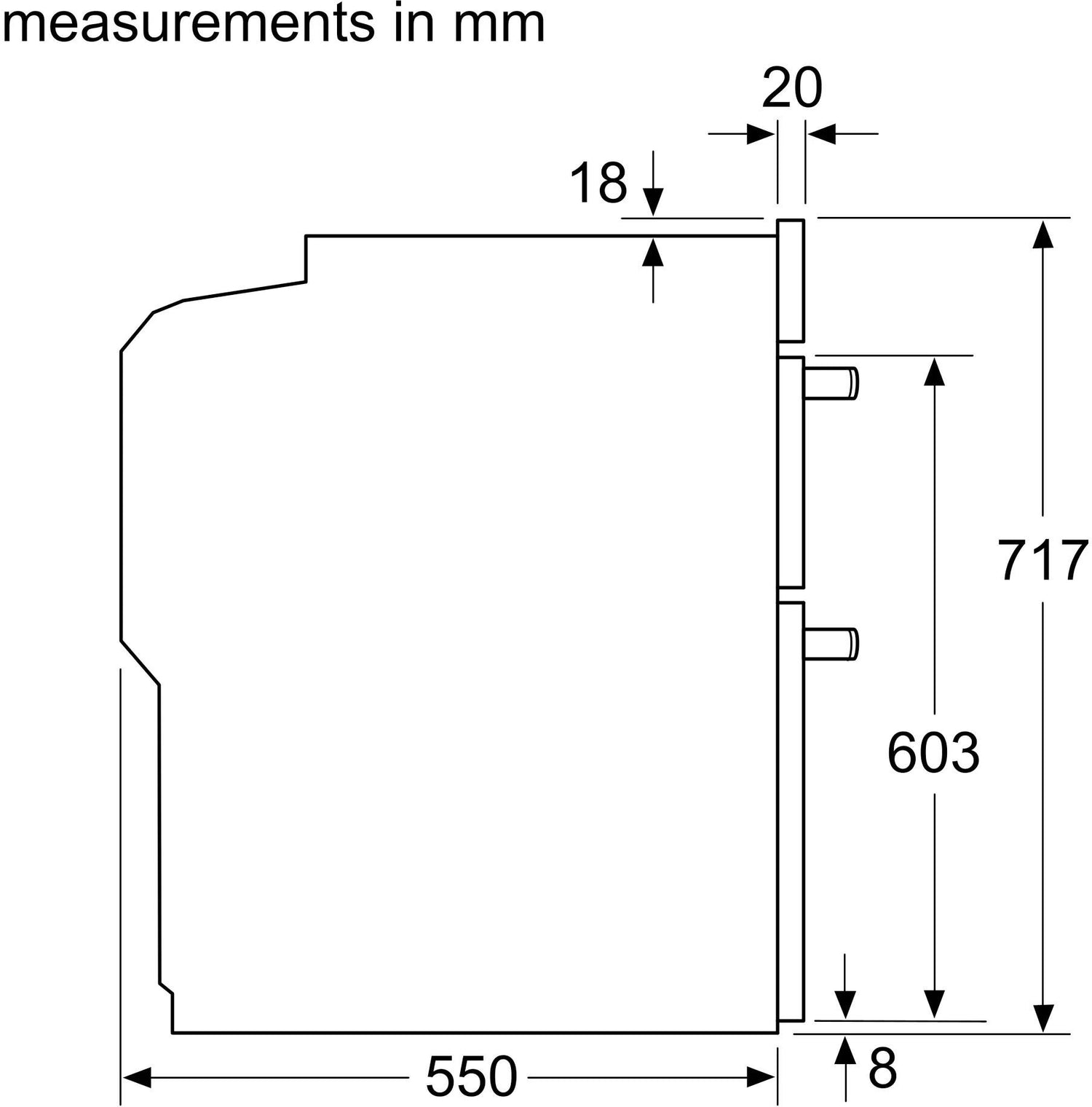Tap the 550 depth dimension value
tap(471, 1076)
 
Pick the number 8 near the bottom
tap(882, 1068)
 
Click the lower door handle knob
tap(831, 644)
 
